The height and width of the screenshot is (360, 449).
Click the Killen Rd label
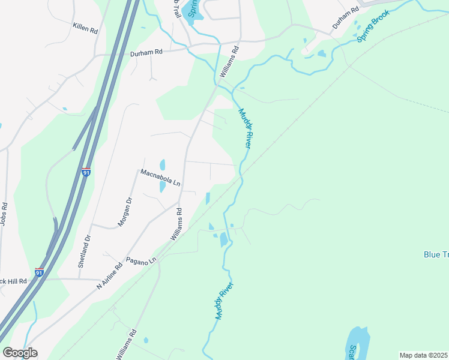[85, 27]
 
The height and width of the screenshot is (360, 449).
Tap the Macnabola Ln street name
[160, 178]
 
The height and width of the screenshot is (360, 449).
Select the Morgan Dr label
[125, 212]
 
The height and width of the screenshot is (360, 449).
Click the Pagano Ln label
[141, 260]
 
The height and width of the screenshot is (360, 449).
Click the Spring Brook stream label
[373, 28]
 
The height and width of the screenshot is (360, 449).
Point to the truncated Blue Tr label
[436, 254]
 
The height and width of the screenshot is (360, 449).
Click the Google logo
[19, 353]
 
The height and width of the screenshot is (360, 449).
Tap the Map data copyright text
[423, 355]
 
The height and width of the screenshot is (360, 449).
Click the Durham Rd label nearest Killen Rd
[146, 53]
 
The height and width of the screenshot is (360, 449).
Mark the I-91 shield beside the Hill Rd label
[39, 272]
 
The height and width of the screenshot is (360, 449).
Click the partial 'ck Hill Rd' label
[13, 281]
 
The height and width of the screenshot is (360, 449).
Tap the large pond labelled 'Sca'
[357, 343]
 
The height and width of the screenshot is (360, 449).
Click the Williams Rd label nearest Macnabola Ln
[176, 224]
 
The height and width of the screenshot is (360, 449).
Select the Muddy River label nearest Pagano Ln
[223, 302]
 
